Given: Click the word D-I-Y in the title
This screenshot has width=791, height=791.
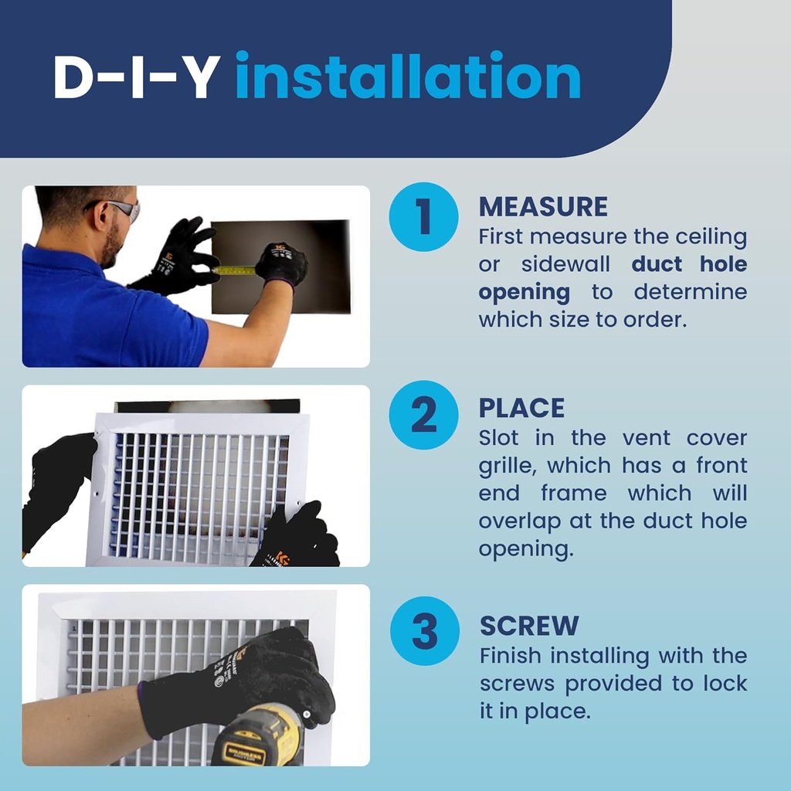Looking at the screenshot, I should [x=135, y=76].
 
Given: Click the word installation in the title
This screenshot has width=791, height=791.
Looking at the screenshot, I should [x=408, y=76].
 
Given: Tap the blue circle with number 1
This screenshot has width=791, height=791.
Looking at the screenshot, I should [x=423, y=217].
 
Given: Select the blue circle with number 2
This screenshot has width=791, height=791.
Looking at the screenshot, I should [x=423, y=416].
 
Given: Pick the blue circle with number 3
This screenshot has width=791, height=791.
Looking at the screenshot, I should [x=423, y=631].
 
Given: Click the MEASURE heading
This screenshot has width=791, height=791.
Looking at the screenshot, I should [x=543, y=206].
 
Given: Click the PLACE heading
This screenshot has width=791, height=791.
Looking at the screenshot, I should [x=521, y=408].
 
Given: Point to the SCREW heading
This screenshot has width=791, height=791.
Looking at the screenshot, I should [x=529, y=625].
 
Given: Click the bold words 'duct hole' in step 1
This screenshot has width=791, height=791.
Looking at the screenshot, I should [x=689, y=264].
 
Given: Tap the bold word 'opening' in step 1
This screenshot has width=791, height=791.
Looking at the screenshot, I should [x=524, y=292].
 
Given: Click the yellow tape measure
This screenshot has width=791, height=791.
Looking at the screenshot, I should [x=236, y=270].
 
